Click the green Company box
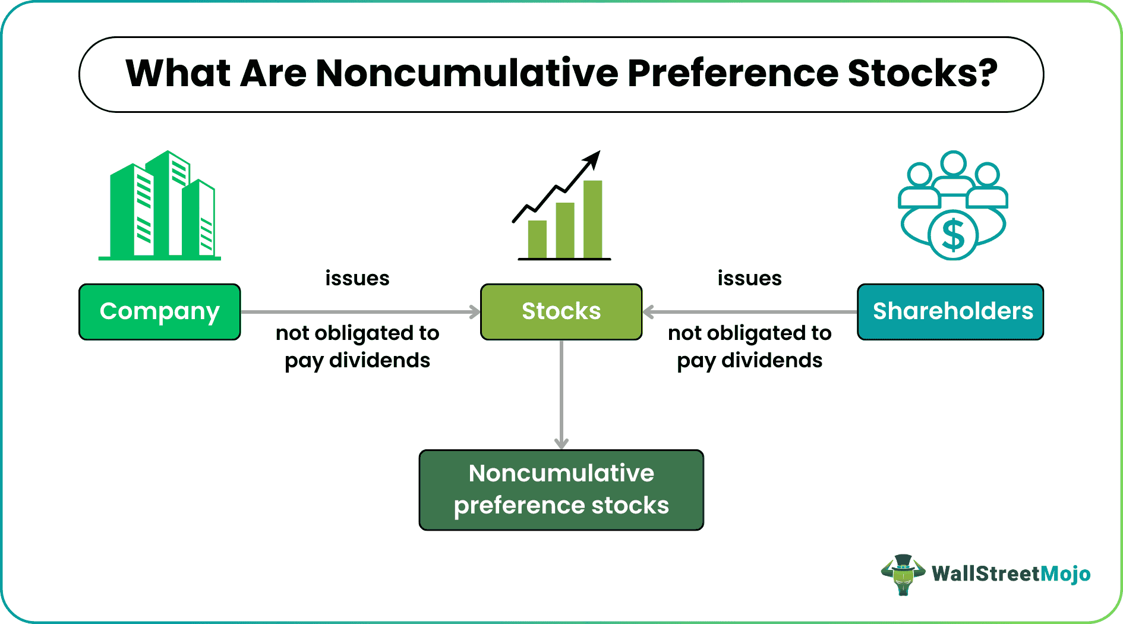(159, 312)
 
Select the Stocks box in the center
(561, 312)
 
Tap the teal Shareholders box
(950, 312)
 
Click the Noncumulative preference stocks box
(561, 490)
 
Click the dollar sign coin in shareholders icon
(953, 235)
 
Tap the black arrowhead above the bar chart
(592, 159)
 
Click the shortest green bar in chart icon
(537, 239)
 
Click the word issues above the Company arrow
(357, 278)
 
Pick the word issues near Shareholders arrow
(749, 278)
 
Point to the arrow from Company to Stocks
(359, 312)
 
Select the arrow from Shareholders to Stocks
(749, 312)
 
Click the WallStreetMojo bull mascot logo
(903, 574)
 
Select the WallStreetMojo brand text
(1011, 573)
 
